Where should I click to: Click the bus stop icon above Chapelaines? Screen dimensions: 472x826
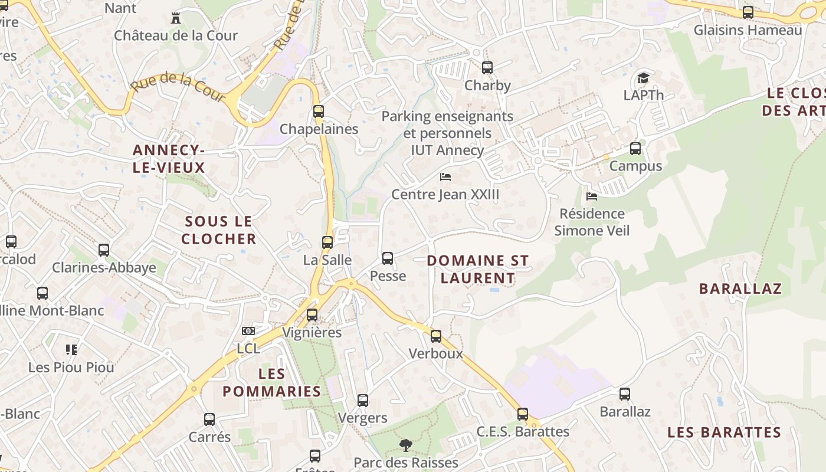(x=319, y=111)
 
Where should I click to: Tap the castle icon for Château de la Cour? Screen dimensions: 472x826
(x=175, y=18)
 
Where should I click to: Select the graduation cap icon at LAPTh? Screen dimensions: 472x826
(x=643, y=78)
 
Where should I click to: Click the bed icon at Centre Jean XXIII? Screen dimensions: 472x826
(x=446, y=176)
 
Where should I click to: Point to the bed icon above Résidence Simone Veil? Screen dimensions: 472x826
(x=592, y=196)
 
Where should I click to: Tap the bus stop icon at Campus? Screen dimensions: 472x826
(x=635, y=149)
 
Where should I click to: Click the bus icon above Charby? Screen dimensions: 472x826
(x=487, y=67)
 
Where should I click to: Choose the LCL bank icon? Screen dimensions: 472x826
(x=248, y=331)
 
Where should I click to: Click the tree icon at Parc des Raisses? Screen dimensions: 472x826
(x=405, y=445)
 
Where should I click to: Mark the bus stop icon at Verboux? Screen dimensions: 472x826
(x=436, y=336)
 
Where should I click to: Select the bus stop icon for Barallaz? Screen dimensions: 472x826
(x=625, y=394)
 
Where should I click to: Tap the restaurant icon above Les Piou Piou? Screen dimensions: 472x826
(x=71, y=350)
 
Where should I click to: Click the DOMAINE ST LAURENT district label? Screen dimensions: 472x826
(x=477, y=269)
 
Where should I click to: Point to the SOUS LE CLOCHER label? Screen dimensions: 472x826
(x=218, y=230)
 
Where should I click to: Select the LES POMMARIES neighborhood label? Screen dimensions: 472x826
(x=272, y=382)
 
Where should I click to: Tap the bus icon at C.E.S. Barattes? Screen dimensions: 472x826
(x=523, y=414)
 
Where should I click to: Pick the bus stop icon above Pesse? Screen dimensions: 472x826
(x=388, y=258)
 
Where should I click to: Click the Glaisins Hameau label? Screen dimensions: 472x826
(x=748, y=30)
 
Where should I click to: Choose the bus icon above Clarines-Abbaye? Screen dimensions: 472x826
(x=104, y=250)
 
